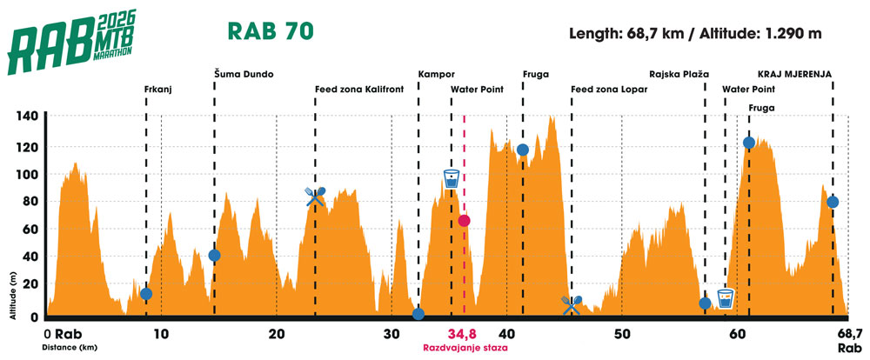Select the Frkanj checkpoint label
(x=156, y=89)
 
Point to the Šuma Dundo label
(x=244, y=74)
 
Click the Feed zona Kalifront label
(x=358, y=89)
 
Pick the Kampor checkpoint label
(x=436, y=74)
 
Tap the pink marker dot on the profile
(x=465, y=221)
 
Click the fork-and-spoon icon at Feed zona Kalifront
(x=316, y=196)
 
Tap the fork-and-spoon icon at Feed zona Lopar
(x=572, y=303)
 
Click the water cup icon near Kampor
(x=451, y=179)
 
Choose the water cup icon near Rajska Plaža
(x=726, y=298)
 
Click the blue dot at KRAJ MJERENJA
(x=833, y=202)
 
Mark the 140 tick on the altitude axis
(x=30, y=117)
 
